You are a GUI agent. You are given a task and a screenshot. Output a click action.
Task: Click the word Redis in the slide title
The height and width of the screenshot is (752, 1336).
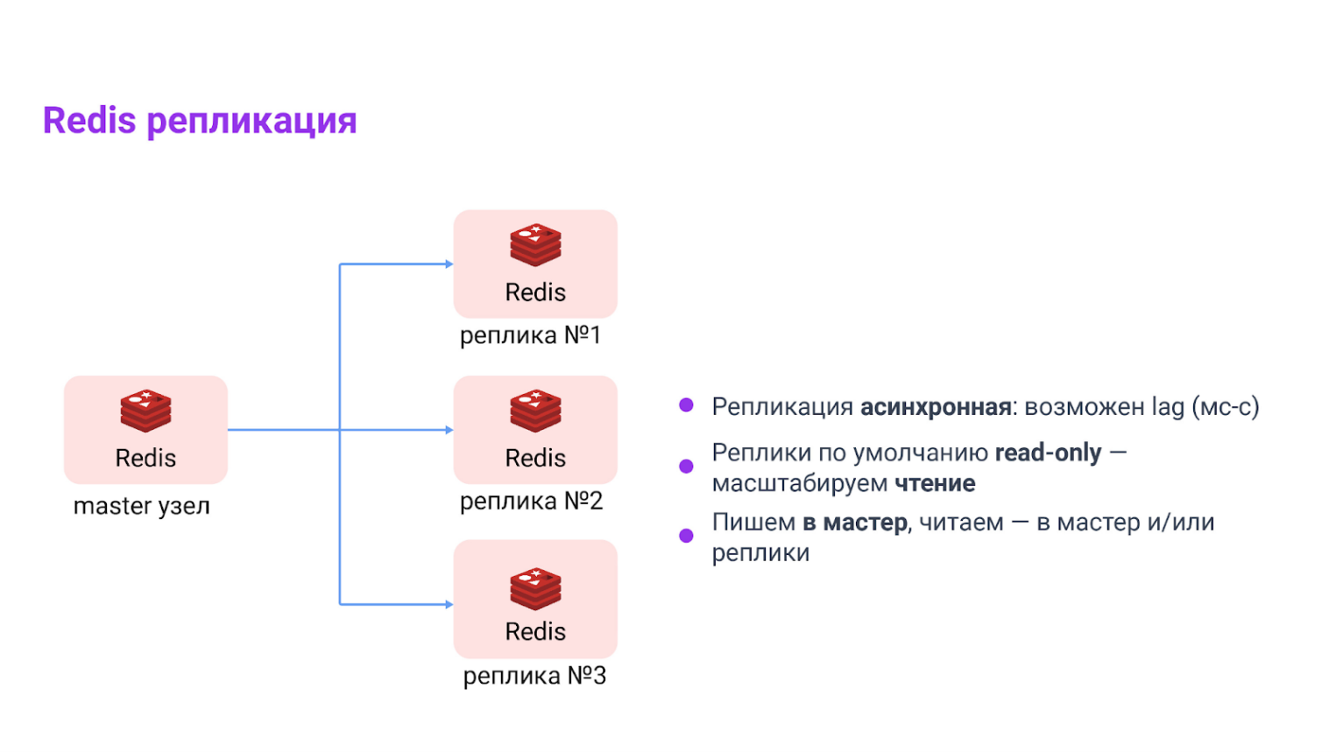click(x=89, y=121)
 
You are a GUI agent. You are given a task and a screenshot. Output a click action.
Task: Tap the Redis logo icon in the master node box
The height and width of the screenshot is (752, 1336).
click(x=145, y=411)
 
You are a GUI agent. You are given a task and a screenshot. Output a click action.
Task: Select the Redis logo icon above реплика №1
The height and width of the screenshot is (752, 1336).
click(x=535, y=245)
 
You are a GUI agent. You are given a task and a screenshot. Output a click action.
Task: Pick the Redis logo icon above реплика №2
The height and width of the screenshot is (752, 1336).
click(x=535, y=411)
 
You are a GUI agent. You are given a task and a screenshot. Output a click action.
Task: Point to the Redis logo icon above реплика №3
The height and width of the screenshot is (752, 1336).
click(x=535, y=588)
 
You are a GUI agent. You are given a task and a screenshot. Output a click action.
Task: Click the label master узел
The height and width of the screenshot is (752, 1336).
click(x=142, y=506)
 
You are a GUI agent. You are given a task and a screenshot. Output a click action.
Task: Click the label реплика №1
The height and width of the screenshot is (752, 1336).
click(x=531, y=335)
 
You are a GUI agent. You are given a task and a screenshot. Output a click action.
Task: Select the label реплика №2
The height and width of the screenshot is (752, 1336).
click(x=531, y=501)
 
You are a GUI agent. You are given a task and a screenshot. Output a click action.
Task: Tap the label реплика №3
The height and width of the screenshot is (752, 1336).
click(x=534, y=676)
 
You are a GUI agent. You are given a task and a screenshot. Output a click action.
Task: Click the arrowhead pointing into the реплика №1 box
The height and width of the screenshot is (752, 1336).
click(x=449, y=264)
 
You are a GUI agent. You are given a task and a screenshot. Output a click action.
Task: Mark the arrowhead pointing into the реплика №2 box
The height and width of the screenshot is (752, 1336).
click(x=449, y=430)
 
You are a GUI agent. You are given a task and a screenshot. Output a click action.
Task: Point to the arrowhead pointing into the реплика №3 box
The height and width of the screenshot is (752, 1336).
click(x=449, y=604)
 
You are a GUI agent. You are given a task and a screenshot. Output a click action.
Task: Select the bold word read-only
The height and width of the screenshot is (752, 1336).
click(x=1048, y=453)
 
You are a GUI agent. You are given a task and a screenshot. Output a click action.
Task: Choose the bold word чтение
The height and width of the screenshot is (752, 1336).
click(x=935, y=483)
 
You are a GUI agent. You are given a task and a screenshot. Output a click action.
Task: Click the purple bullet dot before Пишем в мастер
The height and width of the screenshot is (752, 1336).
click(x=686, y=536)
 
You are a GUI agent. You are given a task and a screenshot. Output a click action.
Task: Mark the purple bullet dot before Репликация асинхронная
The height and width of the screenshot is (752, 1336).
click(x=686, y=404)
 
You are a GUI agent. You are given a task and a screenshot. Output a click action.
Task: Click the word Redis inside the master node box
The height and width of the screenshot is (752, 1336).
click(x=145, y=458)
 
